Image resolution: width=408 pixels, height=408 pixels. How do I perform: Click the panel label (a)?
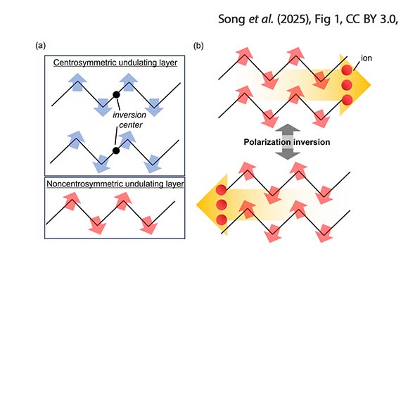click(x=41, y=46)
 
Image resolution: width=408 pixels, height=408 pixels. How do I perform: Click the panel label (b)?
click(x=198, y=46)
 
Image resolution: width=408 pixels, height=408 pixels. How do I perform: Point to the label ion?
click(x=366, y=58)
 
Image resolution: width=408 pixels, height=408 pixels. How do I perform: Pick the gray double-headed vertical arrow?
click(x=288, y=142)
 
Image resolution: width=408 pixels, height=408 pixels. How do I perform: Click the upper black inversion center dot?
click(x=116, y=95)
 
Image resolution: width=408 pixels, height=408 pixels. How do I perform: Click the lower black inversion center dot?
click(x=116, y=151)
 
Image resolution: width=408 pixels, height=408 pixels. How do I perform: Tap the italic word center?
click(x=131, y=125)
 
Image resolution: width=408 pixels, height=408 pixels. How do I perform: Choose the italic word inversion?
click(x=129, y=115)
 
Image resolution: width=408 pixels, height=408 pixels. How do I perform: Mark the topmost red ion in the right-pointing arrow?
click(x=347, y=70)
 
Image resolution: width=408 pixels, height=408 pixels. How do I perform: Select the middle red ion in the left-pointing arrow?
click(x=222, y=205)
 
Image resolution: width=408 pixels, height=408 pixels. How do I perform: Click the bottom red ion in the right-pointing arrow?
click(x=347, y=100)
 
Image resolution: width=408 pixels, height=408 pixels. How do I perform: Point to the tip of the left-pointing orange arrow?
click(x=196, y=205)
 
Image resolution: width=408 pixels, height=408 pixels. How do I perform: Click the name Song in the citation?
click(x=231, y=20)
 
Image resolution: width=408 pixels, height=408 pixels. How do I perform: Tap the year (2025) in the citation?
click(x=293, y=19)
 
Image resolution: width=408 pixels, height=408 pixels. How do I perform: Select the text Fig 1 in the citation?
click(x=329, y=19)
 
